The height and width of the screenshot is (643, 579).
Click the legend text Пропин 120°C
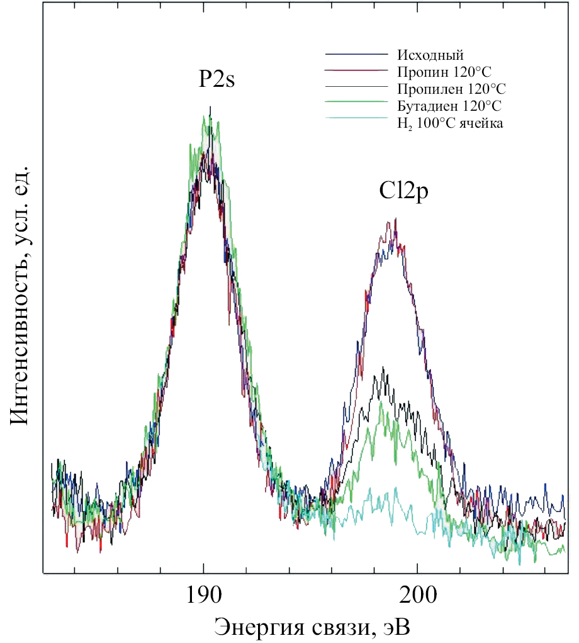tap(443, 70)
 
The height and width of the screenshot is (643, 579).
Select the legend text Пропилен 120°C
tap(451, 87)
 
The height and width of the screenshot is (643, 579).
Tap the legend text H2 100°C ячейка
tap(450, 123)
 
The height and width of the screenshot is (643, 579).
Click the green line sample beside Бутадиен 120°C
tap(355, 102)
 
